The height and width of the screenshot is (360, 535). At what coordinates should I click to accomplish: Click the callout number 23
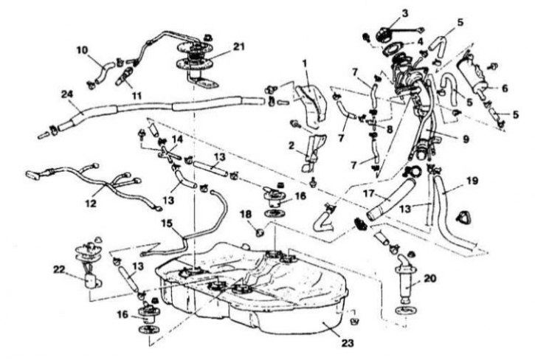347,342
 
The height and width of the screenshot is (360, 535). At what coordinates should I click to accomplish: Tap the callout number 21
238,46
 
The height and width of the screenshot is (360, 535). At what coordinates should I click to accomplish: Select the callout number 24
68,94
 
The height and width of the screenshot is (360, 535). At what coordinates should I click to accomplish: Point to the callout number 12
91,204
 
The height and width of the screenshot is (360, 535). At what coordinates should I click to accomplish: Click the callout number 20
430,278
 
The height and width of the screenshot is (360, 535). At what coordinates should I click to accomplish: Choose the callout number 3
405,14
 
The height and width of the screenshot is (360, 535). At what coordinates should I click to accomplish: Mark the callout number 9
466,139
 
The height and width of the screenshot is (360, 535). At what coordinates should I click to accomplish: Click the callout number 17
370,194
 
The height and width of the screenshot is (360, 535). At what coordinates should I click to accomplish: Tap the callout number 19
472,180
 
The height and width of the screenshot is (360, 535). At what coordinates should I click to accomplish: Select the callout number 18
246,214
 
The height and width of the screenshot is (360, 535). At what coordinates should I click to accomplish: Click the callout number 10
82,50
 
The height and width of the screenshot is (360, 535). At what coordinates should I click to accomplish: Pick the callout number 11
137,96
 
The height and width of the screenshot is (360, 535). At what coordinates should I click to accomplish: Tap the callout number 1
305,63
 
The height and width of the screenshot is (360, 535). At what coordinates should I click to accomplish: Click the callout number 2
291,146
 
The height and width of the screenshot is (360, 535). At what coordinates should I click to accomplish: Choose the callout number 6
505,88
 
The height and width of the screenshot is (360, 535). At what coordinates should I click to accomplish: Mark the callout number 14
177,139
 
